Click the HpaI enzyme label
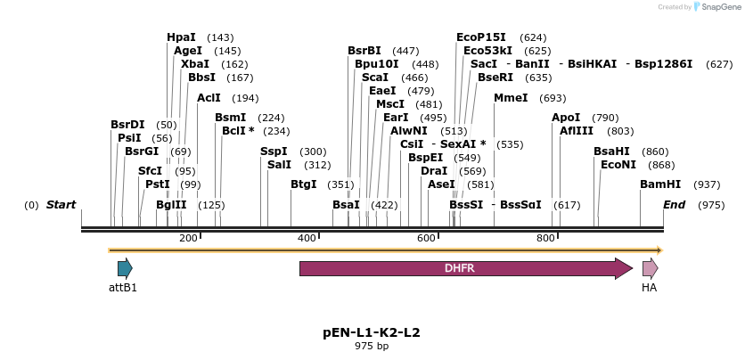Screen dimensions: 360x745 click(x=181, y=37)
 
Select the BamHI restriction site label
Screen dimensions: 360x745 click(x=659, y=184)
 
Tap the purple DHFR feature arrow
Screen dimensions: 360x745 click(x=465, y=268)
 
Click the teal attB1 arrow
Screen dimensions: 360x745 click(x=125, y=268)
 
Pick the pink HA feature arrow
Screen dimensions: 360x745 click(x=651, y=268)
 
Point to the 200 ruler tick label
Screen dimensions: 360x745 click(x=188, y=238)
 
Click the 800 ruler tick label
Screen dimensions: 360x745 click(x=545, y=238)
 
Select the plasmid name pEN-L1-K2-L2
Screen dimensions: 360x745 click(x=372, y=332)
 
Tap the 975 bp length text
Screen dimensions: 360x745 click(x=372, y=346)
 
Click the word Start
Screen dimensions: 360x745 click(x=61, y=205)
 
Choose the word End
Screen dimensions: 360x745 click(x=674, y=205)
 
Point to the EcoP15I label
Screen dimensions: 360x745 click(x=480, y=37)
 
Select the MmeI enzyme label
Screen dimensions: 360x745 click(x=511, y=98)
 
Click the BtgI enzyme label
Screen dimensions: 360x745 click(x=304, y=184)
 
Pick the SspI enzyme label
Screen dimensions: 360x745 click(x=274, y=151)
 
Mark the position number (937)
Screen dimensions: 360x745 click(x=707, y=184)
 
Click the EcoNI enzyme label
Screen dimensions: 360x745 click(x=618, y=165)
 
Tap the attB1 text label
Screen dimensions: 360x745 click(x=123, y=288)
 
